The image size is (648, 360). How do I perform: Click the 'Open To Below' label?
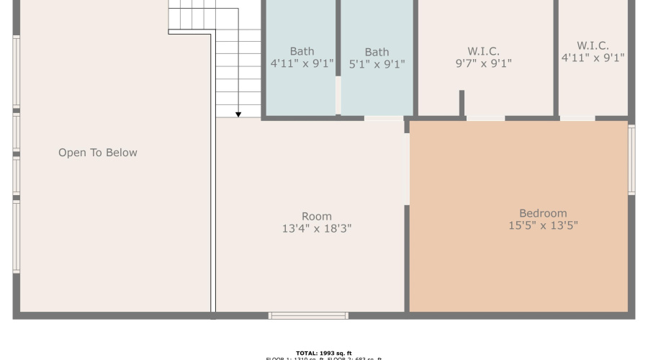(x=98, y=153)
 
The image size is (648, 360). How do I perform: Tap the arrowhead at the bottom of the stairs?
(x=238, y=113)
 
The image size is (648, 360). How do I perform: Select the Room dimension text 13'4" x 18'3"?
(x=317, y=229)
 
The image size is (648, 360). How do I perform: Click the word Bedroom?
(x=543, y=213)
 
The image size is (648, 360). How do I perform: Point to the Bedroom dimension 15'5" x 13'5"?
(x=543, y=225)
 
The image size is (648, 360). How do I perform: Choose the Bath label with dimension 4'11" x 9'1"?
(x=302, y=51)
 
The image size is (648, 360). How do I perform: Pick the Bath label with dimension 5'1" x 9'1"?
(x=377, y=52)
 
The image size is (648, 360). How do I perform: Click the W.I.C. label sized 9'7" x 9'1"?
(x=483, y=51)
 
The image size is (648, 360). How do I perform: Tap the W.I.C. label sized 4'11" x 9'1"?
(x=593, y=45)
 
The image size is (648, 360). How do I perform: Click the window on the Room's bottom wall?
(x=308, y=315)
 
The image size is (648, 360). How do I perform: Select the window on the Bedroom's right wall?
(x=631, y=160)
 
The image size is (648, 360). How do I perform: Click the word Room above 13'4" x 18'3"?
(x=317, y=216)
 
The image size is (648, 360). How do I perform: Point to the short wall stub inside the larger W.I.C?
(x=462, y=103)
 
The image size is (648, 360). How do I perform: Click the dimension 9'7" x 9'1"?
(x=483, y=63)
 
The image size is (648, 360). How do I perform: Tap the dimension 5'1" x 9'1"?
(x=377, y=64)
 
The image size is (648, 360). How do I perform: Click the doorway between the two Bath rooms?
(x=338, y=94)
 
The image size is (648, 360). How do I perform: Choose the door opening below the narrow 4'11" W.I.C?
(x=577, y=118)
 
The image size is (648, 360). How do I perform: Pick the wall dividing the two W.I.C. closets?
(x=556, y=58)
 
